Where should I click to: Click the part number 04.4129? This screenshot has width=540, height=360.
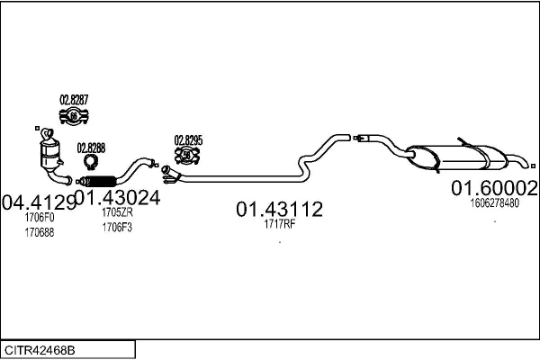point(39,202)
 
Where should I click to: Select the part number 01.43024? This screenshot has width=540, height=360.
point(117,198)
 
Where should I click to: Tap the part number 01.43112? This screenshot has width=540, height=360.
point(279,209)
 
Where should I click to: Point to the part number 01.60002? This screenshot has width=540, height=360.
point(494,188)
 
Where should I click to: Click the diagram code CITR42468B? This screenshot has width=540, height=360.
point(40,350)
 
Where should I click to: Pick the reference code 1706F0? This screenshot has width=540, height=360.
point(40,218)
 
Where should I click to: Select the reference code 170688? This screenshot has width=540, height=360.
point(40,232)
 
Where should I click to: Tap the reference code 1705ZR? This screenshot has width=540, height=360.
point(117,212)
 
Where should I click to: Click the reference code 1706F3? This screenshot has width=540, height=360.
point(117,228)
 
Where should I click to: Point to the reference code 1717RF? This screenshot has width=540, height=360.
point(280,224)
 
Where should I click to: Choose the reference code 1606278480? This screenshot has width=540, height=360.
point(494,202)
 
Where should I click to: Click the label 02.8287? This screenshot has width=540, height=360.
point(74,100)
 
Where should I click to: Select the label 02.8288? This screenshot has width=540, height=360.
point(91,148)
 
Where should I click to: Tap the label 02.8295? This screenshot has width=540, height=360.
point(188,140)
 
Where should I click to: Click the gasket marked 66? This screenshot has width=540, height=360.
point(74,116)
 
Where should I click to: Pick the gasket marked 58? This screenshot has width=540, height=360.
point(187,156)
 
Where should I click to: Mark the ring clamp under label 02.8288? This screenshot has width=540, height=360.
point(91,162)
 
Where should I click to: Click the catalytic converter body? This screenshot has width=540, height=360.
point(50,155)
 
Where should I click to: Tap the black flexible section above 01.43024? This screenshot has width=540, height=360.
point(100,181)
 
